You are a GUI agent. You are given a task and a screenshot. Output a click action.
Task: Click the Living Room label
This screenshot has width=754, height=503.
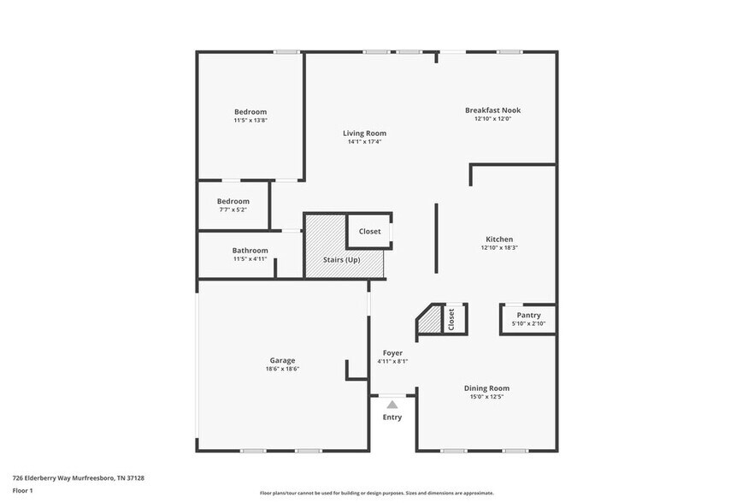click(x=364, y=133)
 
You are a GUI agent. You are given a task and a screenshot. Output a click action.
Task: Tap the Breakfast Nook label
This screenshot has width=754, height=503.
click(x=492, y=110)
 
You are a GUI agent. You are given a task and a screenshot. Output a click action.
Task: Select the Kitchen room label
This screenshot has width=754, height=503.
click(x=499, y=240)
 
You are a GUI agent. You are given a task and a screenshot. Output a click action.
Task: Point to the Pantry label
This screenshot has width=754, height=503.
click(x=528, y=316)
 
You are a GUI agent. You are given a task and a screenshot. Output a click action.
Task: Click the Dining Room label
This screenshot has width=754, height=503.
click(x=486, y=388)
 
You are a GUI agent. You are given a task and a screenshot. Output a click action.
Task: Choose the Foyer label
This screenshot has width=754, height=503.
click(x=392, y=352)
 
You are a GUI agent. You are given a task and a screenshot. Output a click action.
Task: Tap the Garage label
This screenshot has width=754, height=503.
click(x=282, y=360)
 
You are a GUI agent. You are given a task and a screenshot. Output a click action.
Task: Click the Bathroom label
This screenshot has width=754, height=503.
click(x=250, y=251)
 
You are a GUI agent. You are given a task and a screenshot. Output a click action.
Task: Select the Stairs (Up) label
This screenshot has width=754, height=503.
click(x=341, y=259)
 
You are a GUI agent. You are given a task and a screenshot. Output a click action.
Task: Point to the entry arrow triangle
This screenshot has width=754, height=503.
click(x=392, y=405)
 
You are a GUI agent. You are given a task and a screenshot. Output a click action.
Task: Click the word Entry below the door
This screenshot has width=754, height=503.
click(x=392, y=417)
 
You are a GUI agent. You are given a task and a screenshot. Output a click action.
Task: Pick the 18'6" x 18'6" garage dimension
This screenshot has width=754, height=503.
click(x=282, y=369)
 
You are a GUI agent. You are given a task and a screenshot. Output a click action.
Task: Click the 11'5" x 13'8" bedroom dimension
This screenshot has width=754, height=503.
click(x=250, y=121)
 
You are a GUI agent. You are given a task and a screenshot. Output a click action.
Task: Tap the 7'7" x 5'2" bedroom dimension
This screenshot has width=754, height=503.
click(x=233, y=210)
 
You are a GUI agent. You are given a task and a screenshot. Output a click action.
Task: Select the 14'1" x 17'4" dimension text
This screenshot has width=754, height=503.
click(x=364, y=142)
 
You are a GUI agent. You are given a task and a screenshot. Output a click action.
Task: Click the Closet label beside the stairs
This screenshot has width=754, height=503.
click(x=369, y=231)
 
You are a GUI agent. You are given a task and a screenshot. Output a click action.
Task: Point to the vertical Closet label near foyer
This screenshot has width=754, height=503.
click(x=451, y=319)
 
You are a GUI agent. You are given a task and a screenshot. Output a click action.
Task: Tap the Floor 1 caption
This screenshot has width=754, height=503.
click(x=22, y=491)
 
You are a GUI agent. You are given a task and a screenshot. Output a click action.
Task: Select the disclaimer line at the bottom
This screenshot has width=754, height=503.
click(x=376, y=493)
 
